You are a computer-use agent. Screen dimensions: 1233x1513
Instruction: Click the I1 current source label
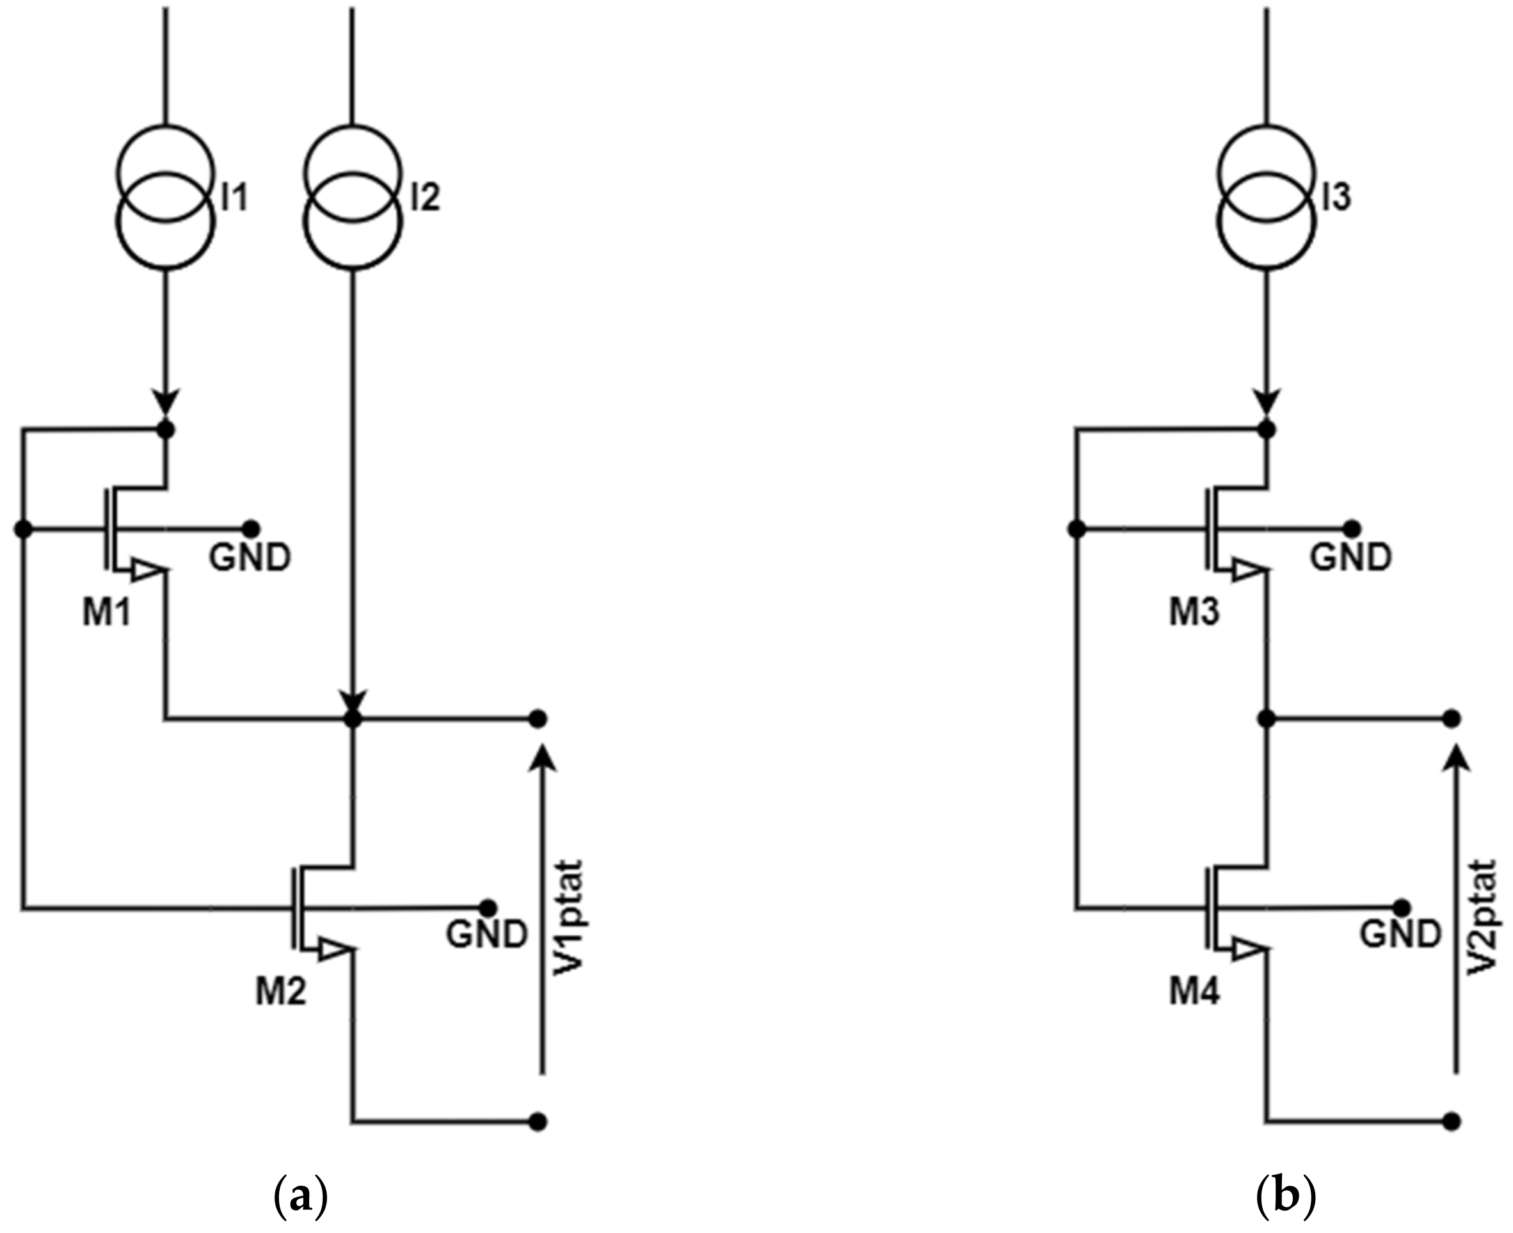point(234,197)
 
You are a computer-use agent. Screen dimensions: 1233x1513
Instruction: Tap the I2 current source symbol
point(353,197)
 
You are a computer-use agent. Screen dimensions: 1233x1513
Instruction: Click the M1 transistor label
point(106,611)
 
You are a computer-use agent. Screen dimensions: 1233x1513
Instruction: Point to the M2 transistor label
point(281,991)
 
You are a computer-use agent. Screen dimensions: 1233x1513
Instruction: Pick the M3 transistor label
point(1194,611)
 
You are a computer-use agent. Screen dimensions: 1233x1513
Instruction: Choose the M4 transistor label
point(1194,991)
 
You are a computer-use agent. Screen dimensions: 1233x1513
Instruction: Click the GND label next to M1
point(250,558)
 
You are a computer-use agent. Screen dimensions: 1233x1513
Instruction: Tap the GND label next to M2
point(487,934)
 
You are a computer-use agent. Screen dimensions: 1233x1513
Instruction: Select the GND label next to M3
point(1351,558)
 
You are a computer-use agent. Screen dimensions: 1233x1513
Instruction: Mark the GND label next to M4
point(1400,934)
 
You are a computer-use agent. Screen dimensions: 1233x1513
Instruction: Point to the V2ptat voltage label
point(1482,917)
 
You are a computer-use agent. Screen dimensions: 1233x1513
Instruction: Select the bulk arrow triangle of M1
point(148,569)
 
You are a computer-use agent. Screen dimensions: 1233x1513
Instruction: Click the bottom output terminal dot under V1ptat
point(538,1122)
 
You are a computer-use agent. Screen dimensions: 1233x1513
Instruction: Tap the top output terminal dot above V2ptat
point(1452,719)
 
